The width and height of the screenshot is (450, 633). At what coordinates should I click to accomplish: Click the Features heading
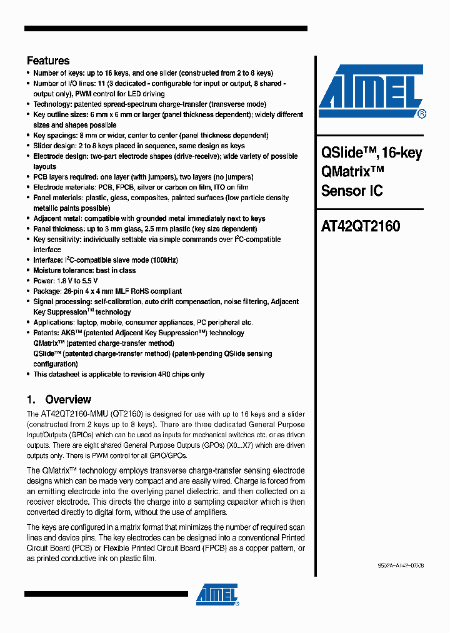pos(48,61)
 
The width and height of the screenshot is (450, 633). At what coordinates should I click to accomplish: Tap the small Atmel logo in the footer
pos(217,595)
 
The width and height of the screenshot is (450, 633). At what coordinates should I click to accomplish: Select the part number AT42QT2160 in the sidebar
pos(361,226)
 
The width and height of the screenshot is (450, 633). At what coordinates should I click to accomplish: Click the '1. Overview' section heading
pos(59,399)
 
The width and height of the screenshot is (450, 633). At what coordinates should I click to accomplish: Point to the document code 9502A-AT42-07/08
pos(400,565)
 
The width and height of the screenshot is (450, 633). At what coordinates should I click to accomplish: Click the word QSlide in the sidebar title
pos(342,153)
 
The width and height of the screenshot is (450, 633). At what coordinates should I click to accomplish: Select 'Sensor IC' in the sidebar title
pos(352,191)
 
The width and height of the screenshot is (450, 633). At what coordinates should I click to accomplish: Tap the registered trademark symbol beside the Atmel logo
pos(421,114)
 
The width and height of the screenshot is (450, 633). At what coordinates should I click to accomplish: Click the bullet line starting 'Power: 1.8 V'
pos(66,281)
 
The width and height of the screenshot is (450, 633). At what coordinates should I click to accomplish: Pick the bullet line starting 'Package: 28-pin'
pos(107,291)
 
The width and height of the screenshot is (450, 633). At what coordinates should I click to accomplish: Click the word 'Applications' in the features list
pos(54,322)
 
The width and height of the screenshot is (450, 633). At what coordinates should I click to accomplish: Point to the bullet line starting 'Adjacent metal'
pos(149,218)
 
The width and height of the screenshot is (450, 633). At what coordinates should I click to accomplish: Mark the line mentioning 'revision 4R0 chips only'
pos(119,374)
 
